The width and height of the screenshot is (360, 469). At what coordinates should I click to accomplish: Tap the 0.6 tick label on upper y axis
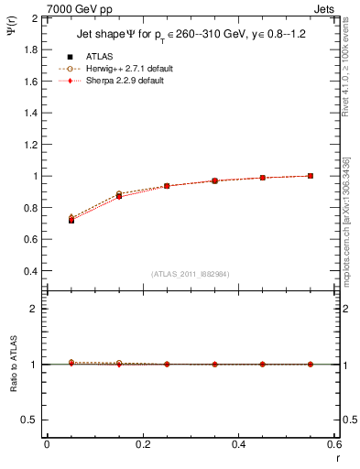tap(29, 240)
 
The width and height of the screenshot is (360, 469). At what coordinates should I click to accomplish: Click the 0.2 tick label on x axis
tap(143, 443)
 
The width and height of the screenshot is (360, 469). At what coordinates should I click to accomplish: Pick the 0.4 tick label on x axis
tap(239, 443)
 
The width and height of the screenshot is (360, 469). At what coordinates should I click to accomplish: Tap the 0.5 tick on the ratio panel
tap(29, 420)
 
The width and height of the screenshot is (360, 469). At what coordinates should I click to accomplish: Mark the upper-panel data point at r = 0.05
tap(71, 220)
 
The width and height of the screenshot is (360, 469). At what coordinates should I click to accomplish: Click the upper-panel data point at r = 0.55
tap(311, 176)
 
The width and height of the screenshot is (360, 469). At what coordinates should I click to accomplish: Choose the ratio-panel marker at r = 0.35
tap(214, 364)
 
